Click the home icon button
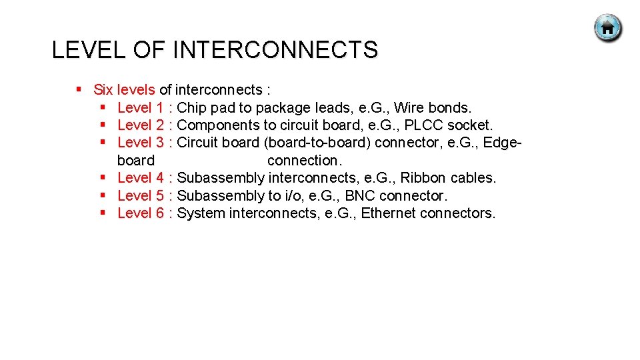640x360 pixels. (608, 29)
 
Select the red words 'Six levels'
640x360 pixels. (124, 89)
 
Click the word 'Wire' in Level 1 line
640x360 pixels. (409, 107)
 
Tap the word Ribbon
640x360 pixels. (423, 177)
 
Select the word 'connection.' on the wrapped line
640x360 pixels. (305, 160)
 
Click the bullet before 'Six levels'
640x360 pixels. (79, 89)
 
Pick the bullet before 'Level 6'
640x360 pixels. (103, 213)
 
